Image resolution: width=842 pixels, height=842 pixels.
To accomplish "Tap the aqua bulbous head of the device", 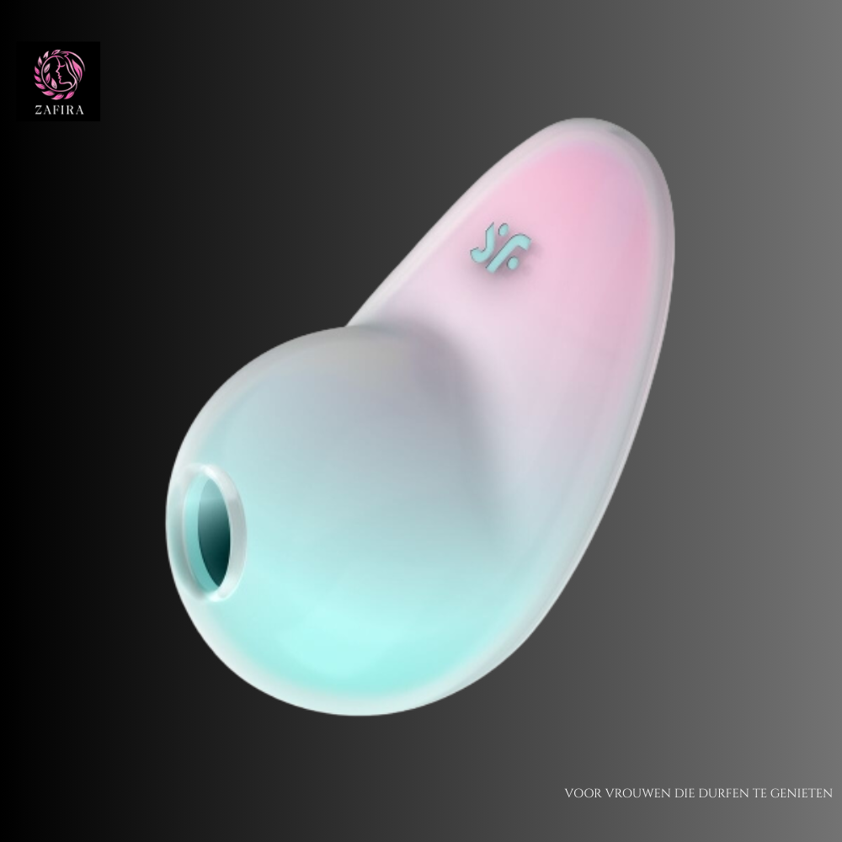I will click(337, 522).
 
